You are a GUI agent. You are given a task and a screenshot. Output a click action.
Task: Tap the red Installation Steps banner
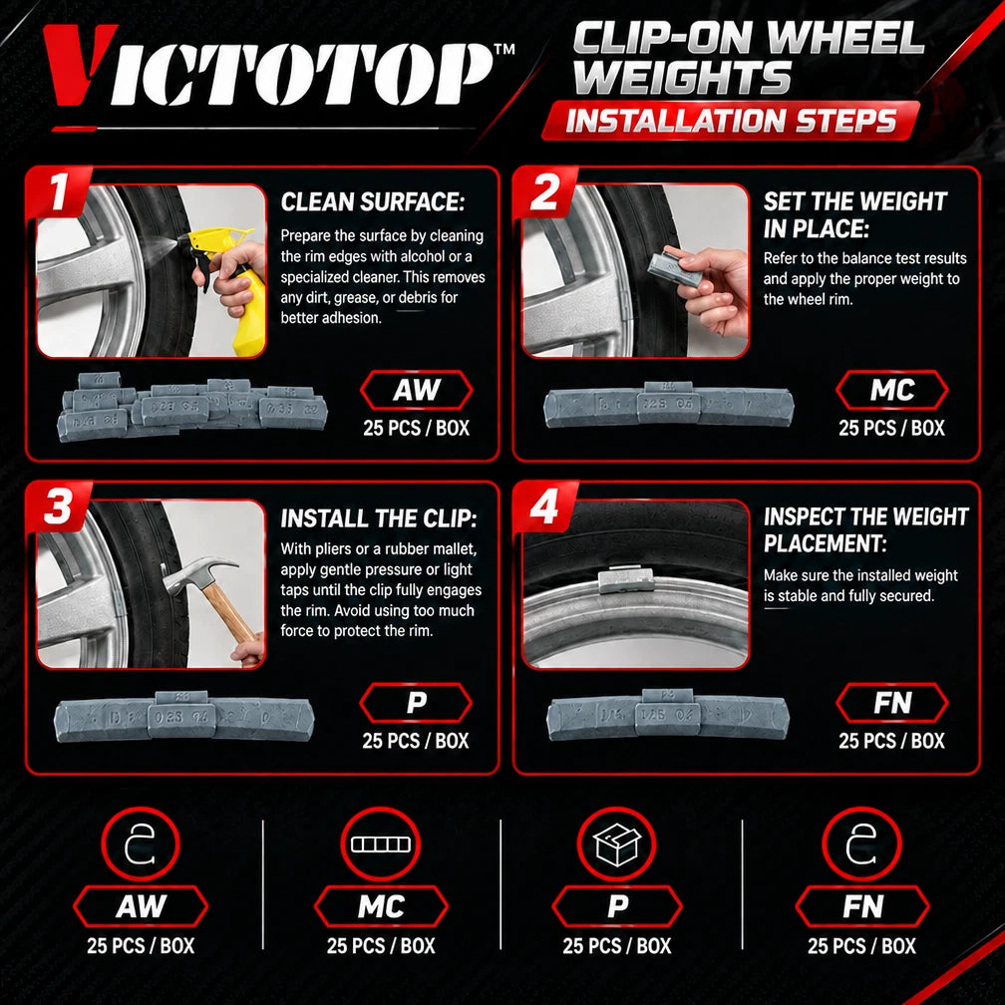(x=731, y=121)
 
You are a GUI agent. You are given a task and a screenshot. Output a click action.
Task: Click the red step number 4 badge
(x=544, y=506)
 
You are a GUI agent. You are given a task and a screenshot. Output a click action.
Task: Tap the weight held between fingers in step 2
(x=668, y=268)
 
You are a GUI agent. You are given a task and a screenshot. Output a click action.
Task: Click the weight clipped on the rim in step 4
(x=625, y=580)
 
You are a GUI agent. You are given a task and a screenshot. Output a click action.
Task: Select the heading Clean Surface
(x=373, y=201)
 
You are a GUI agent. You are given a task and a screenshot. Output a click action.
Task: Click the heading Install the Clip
(x=378, y=517)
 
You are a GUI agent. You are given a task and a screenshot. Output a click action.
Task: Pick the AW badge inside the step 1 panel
(x=417, y=391)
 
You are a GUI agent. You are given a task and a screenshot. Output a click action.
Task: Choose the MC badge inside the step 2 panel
(x=892, y=391)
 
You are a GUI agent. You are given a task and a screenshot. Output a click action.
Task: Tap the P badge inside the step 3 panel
(x=416, y=703)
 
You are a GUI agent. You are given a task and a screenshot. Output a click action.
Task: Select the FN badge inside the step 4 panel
(x=892, y=703)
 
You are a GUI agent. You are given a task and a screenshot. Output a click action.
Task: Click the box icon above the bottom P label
(x=616, y=844)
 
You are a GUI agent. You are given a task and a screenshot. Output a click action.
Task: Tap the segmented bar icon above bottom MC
(x=380, y=844)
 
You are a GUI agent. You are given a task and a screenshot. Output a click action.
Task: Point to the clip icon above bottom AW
(x=140, y=844)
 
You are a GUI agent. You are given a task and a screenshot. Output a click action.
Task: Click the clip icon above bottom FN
(x=861, y=844)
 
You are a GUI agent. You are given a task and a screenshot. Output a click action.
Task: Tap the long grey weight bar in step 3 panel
(x=184, y=717)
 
